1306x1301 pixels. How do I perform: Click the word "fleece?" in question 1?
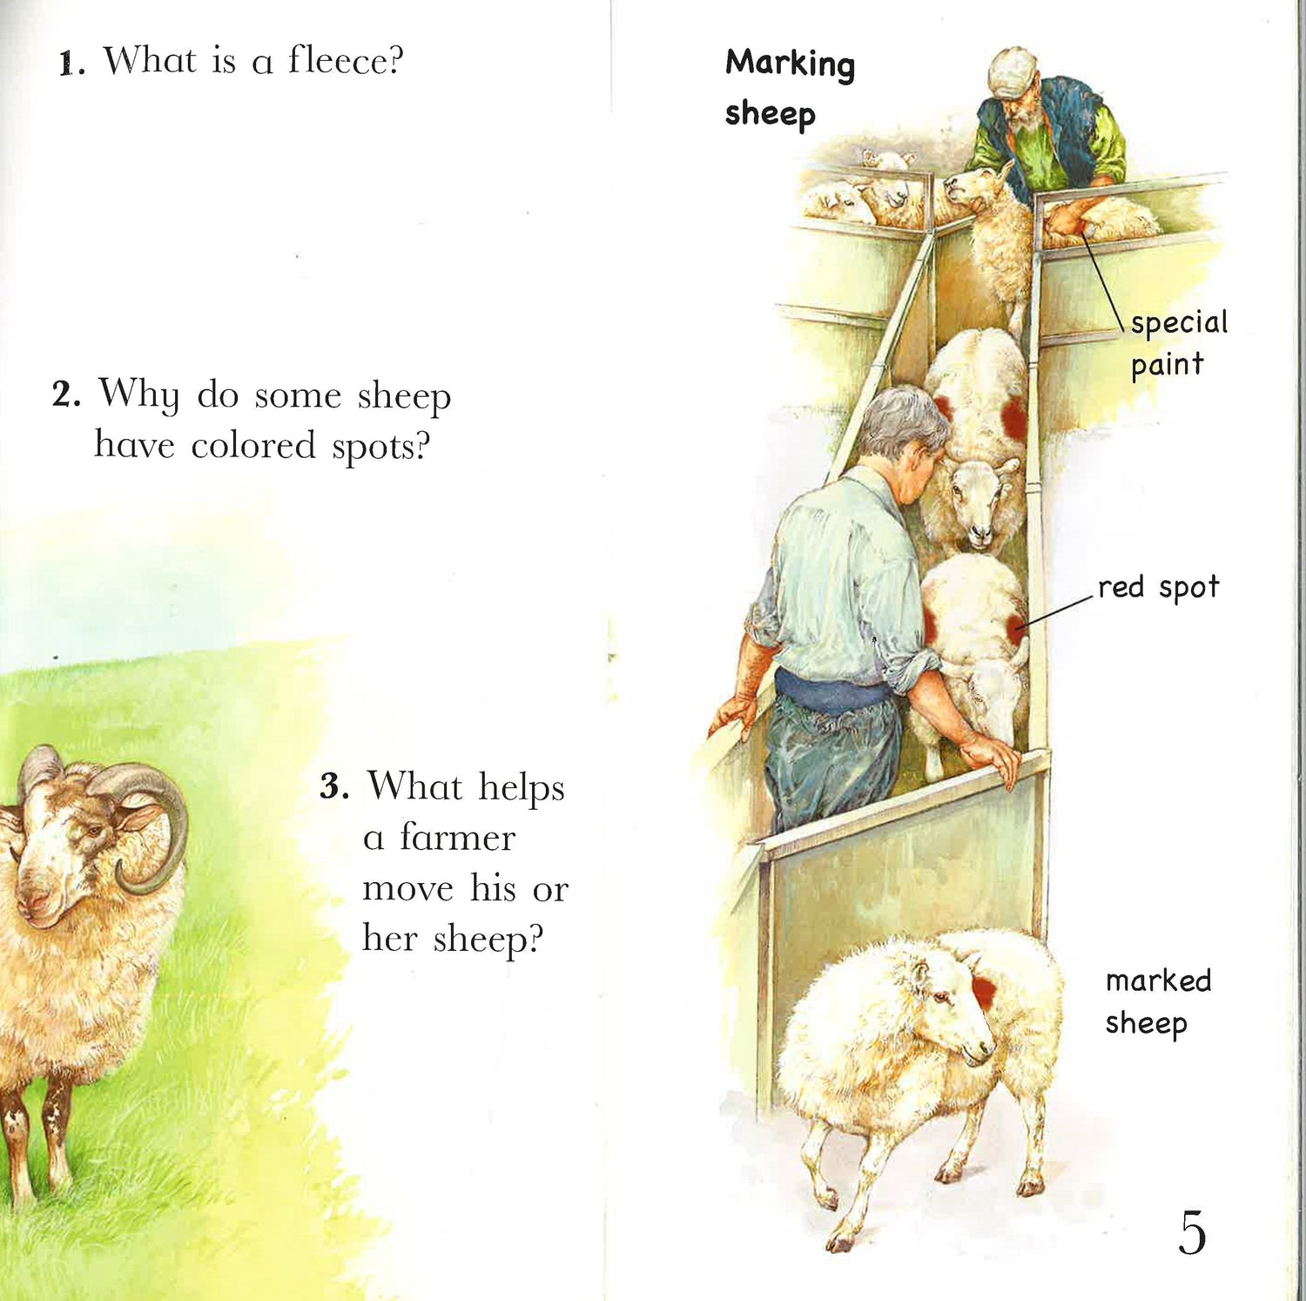347,61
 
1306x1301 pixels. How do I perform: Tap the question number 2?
66,394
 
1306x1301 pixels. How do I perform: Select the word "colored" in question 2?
253,446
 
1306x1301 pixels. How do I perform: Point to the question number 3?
334,786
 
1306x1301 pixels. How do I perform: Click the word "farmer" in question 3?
458,837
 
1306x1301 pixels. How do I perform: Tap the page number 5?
1192,1232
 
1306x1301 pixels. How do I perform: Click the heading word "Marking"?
790,64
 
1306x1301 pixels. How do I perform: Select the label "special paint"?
1179,343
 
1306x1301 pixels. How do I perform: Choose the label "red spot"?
1158,588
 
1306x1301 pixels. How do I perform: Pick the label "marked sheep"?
1158,1001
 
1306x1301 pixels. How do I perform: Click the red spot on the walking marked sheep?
984,992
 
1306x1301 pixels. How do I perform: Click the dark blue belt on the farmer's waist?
831,692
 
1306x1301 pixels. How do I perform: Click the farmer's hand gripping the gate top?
993,758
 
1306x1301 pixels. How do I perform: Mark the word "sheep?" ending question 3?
488,939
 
